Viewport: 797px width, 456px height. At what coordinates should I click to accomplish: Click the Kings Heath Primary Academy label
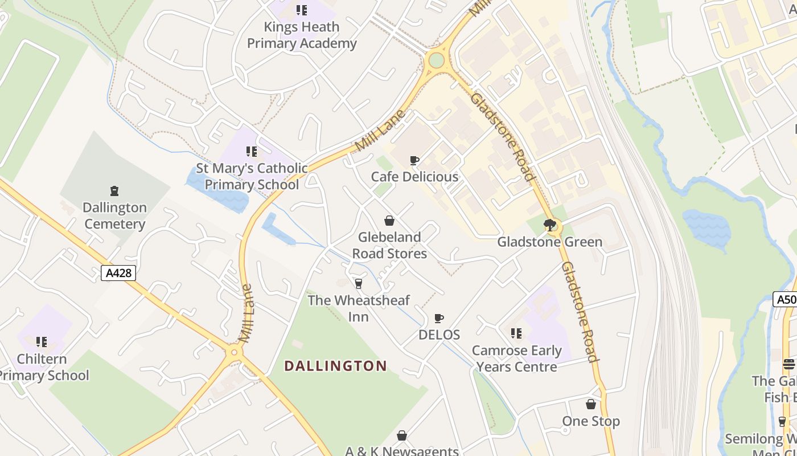coord(301,35)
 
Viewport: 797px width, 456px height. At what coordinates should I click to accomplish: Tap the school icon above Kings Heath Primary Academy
coord(302,10)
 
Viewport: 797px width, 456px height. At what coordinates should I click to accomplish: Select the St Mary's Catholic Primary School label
coord(252,177)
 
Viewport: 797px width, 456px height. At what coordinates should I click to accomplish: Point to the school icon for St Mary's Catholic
coord(252,152)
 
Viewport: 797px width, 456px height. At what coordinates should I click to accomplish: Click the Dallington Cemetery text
coord(114,215)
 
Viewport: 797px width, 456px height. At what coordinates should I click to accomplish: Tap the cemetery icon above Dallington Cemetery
coord(114,190)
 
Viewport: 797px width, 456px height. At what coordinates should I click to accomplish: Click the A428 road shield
coord(119,273)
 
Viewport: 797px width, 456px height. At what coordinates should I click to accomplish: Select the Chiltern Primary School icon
coord(42,342)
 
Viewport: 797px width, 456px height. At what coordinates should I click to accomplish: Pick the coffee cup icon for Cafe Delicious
coord(414,161)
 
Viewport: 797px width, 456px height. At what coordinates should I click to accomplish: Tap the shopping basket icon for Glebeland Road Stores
coord(389,221)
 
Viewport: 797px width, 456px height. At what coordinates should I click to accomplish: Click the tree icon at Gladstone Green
coord(549,225)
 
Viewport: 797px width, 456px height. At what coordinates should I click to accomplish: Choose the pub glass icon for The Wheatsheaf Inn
coord(359,283)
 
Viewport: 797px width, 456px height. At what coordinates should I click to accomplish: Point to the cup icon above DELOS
coord(439,318)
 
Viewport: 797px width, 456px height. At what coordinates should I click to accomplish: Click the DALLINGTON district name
coord(335,366)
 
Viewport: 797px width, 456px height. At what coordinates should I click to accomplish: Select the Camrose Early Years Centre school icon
coord(516,333)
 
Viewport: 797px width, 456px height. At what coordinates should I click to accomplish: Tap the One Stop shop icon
coord(591,405)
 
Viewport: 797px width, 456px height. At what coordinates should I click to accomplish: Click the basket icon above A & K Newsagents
coord(402,436)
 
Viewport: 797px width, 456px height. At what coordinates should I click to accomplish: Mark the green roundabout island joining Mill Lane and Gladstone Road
coord(437,60)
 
